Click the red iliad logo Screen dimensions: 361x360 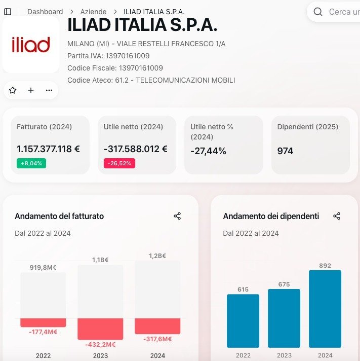[31, 45]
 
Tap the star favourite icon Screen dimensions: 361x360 [13, 90]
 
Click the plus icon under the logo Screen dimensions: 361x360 [31, 90]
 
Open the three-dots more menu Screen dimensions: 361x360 [49, 90]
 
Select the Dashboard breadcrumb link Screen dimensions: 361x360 [45, 12]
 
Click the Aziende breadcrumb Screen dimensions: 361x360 [94, 12]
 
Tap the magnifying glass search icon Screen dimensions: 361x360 [318, 12]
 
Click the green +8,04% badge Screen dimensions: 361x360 [31, 163]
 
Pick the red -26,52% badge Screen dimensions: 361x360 [119, 163]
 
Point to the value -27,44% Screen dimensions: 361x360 [208, 151]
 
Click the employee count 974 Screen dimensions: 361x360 [285, 151]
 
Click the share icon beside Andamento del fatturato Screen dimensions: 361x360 [177, 216]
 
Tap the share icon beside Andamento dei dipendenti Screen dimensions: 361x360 [337, 216]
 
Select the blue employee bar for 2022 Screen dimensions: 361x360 [243, 320]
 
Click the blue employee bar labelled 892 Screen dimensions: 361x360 [325, 308]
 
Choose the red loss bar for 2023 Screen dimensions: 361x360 [100, 329]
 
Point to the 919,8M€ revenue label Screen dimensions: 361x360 [43, 267]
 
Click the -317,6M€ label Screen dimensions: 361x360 [157, 339]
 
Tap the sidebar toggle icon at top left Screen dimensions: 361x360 [8, 12]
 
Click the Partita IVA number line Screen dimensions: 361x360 [108, 56]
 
